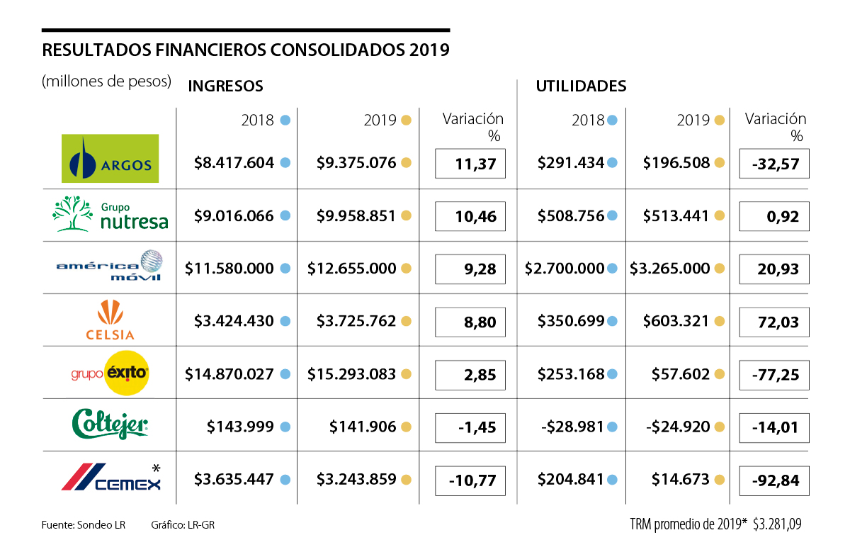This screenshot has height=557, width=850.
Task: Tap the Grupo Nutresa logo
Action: [x=111, y=214]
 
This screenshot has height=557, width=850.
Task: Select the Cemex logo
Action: [x=110, y=478]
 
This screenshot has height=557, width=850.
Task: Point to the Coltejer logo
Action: [x=110, y=424]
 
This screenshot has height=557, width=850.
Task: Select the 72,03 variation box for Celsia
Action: [x=773, y=322]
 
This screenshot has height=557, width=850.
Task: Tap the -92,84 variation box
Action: [x=773, y=480]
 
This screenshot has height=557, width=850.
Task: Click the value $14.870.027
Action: [x=229, y=374]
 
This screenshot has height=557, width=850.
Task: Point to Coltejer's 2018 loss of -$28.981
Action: [x=565, y=427]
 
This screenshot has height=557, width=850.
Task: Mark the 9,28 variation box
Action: [x=470, y=269]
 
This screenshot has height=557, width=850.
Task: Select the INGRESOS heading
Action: [x=225, y=86]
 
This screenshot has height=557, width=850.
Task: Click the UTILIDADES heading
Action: [x=581, y=86]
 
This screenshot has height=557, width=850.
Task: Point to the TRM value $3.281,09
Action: [x=777, y=525]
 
